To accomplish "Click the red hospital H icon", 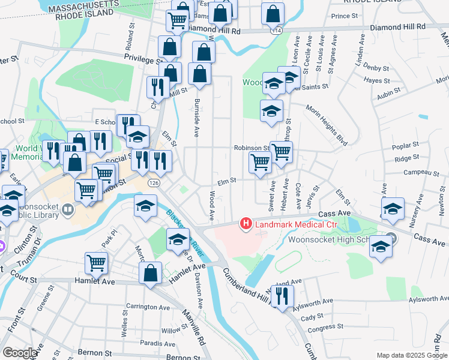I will [246, 224].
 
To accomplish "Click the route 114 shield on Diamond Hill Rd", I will [276, 30].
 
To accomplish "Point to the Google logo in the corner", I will [20, 352].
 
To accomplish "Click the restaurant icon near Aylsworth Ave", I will [280, 295].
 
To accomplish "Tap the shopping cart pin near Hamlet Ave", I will [96, 263].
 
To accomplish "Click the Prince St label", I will [344, 16].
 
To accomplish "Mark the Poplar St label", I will [405, 146].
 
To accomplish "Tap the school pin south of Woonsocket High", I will [381, 247].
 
